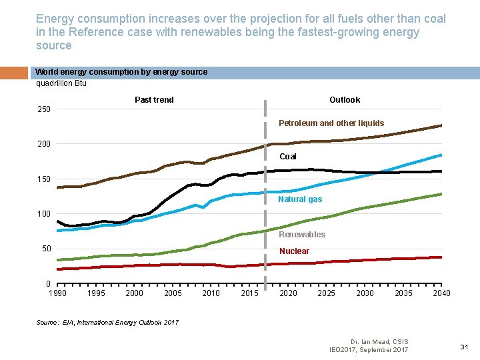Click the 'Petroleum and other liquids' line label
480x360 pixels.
[x=331, y=123]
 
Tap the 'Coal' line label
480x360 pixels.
[x=288, y=157]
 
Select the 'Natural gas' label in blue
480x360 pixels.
[x=300, y=199]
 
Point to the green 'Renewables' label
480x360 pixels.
[x=302, y=234]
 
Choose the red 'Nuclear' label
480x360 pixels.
[x=294, y=251]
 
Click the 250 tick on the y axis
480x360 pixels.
[x=43, y=109]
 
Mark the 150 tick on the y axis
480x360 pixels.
[x=43, y=179]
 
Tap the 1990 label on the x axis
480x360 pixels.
[x=57, y=293]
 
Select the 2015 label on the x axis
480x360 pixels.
[x=250, y=293]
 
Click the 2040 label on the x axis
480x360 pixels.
[x=441, y=293]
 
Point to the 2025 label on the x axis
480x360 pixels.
[x=327, y=293]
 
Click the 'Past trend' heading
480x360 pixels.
[x=154, y=100]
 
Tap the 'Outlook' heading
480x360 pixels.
[x=345, y=100]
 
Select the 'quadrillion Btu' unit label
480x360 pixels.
[x=61, y=83]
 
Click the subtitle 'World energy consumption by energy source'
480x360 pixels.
[x=121, y=72]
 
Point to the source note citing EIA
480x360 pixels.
[x=107, y=322]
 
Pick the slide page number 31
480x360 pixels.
[x=465, y=346]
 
